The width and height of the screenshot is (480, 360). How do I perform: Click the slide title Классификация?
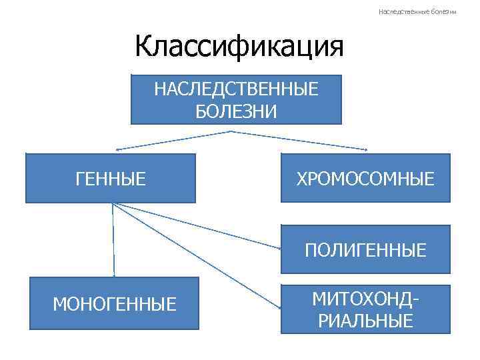click(x=239, y=47)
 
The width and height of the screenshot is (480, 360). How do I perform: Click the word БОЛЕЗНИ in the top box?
click(x=236, y=111)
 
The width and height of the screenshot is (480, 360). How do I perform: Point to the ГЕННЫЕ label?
click(x=111, y=179)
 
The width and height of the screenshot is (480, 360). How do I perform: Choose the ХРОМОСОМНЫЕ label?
click(x=365, y=179)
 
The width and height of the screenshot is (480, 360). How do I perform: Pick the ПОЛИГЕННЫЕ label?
click(x=365, y=250)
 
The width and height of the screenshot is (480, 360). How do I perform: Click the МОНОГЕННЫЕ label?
click(x=115, y=305)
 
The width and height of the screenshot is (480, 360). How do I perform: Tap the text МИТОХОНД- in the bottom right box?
click(x=365, y=298)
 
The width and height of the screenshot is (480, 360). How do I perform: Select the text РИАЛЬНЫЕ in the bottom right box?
click(x=365, y=321)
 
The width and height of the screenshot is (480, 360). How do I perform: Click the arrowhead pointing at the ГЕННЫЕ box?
click(x=117, y=149)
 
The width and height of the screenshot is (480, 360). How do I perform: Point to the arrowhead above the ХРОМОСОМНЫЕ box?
click(x=365, y=149)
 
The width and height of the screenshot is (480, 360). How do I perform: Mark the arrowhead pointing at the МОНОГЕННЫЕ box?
click(x=114, y=274)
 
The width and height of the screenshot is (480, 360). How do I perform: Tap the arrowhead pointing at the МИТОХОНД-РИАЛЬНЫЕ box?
click(x=277, y=307)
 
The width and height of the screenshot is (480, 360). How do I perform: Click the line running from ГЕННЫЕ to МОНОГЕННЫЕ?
click(x=113, y=240)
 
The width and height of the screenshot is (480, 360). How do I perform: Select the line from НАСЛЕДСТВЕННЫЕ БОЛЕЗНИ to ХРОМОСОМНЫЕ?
click(x=300, y=140)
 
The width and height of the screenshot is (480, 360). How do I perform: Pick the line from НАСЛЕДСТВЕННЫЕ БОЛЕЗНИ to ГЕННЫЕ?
click(x=173, y=140)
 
